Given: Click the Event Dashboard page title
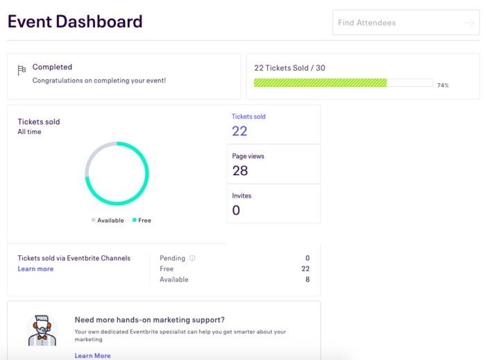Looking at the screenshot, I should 75,22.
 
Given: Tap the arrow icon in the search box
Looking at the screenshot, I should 469,23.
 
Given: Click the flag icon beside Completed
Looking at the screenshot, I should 22,69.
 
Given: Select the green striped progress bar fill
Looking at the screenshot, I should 320,83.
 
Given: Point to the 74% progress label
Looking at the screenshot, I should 442,85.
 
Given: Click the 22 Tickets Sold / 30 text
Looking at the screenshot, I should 290,67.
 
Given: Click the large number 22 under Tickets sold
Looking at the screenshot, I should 240,131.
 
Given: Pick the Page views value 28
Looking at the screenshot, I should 240,171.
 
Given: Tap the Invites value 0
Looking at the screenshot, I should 236,210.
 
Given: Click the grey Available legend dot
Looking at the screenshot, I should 93,220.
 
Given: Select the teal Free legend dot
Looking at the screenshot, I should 134,220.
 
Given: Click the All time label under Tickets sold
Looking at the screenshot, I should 29,132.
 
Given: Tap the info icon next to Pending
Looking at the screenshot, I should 192,258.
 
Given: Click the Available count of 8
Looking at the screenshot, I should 308,280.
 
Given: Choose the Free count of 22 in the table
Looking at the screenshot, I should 305,268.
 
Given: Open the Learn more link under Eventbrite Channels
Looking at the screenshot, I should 35,269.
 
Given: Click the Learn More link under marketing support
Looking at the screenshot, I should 92,356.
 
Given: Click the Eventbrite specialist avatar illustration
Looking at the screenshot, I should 42,330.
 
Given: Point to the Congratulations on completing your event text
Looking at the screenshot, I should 99,80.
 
